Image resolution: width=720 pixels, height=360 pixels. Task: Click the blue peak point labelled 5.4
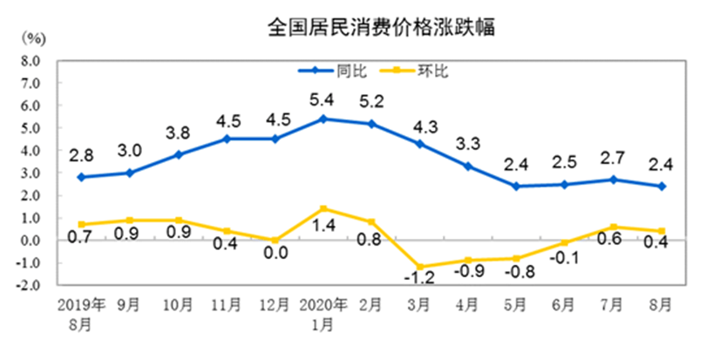tap(323, 119)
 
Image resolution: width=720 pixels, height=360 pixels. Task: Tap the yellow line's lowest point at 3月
tap(421, 267)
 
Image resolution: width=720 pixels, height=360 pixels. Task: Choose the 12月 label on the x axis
tap(275, 306)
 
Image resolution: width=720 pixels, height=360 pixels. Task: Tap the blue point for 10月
tap(178, 154)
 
